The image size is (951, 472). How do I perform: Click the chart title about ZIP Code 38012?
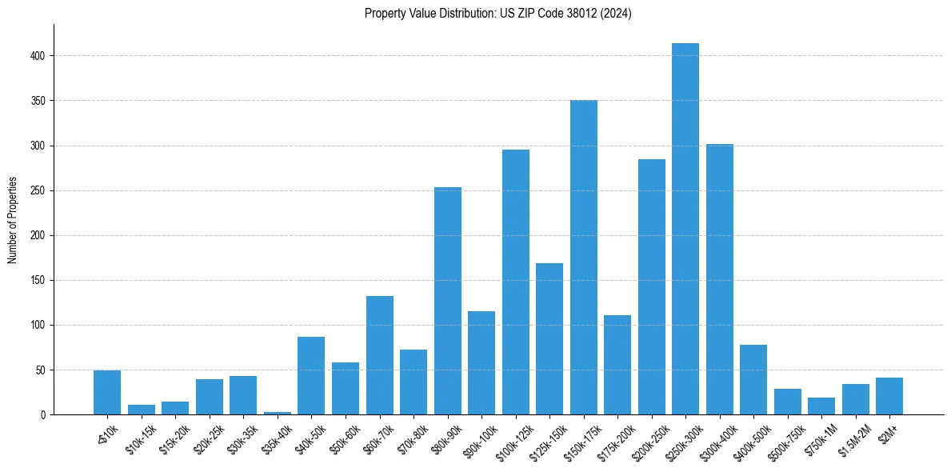(x=497, y=14)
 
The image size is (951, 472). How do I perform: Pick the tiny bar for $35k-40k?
(x=278, y=413)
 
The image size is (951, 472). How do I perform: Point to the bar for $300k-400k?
(x=719, y=279)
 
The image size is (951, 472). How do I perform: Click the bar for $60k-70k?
(x=379, y=355)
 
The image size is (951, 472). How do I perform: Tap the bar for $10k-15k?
(x=142, y=410)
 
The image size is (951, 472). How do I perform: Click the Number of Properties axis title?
(x=12, y=219)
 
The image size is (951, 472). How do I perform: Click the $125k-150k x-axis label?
(x=549, y=438)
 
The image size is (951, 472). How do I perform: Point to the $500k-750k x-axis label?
(x=788, y=438)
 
